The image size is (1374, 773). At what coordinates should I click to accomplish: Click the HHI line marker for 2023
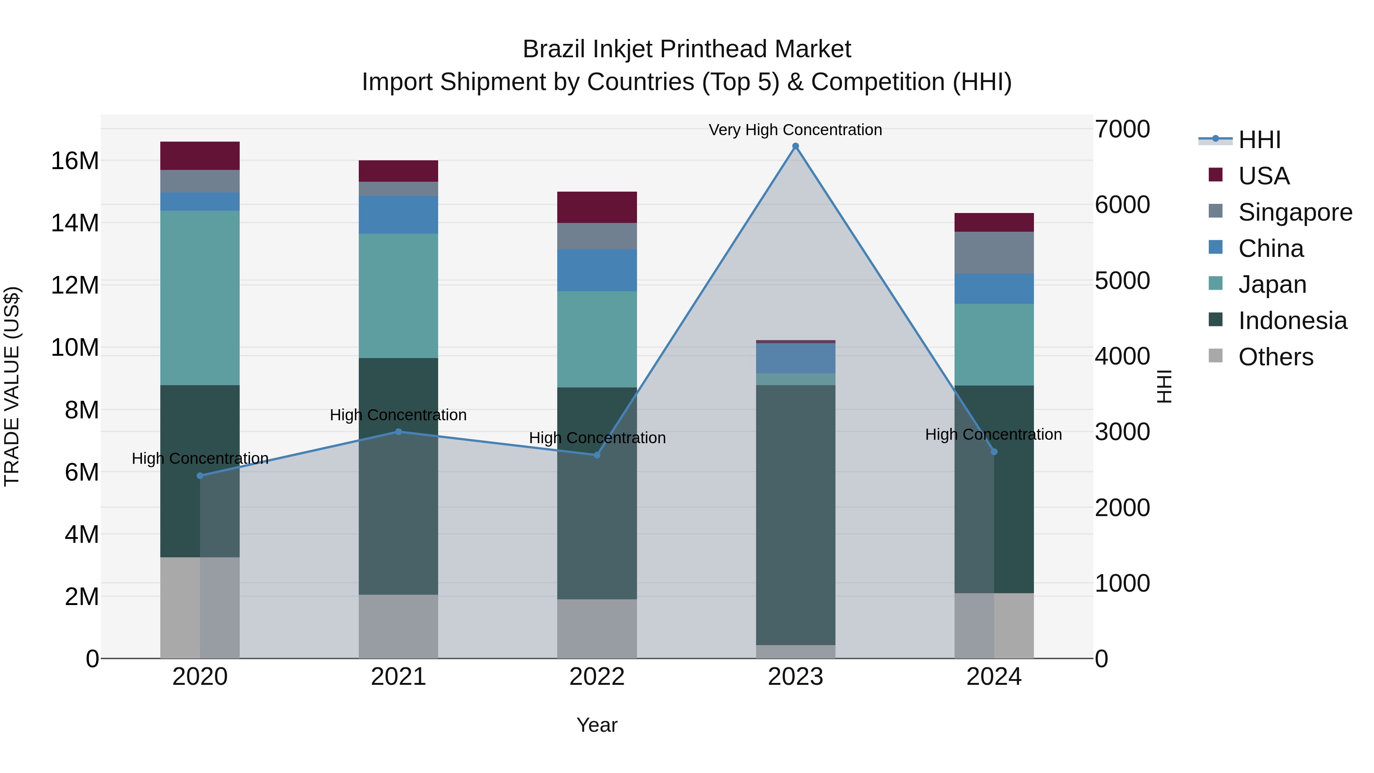[x=795, y=146]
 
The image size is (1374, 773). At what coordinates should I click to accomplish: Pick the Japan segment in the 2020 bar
[x=200, y=298]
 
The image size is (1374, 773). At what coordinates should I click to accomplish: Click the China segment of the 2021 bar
[x=398, y=215]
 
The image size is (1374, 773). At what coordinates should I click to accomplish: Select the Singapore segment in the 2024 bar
[x=994, y=253]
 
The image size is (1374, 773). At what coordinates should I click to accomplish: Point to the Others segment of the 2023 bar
[x=795, y=651]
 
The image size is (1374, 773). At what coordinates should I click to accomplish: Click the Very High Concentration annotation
[x=795, y=130]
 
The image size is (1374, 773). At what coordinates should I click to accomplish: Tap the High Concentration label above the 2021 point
[x=398, y=415]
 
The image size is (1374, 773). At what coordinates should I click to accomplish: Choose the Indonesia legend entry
[x=1292, y=321]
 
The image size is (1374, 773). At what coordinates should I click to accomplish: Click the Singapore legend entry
[x=1295, y=212]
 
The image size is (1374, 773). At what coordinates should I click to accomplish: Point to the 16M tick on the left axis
[x=75, y=161]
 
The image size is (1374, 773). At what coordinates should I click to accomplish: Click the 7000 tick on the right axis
[x=1122, y=129]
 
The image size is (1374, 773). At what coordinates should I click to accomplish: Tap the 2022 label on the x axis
[x=597, y=677]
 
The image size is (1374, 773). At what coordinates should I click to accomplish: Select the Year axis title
[x=597, y=725]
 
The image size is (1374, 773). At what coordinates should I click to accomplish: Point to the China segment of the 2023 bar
[x=795, y=358]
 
